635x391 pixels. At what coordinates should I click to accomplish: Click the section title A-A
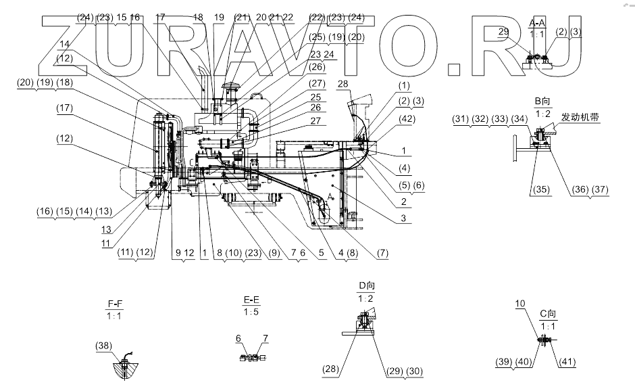(538, 23)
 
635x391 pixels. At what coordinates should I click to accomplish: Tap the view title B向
(542, 100)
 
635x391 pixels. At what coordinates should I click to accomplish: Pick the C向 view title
(547, 314)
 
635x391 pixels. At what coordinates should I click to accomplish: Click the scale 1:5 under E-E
(253, 312)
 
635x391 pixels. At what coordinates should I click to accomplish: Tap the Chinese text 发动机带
(582, 117)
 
